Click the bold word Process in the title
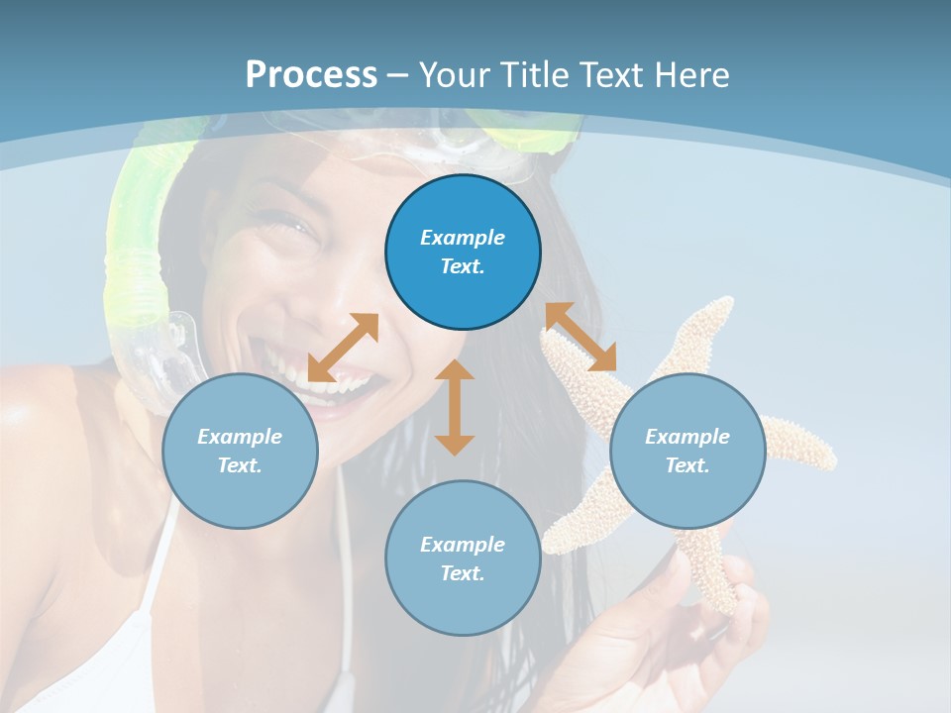[311, 74]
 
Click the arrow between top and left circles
[343, 348]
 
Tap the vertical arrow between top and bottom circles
[455, 407]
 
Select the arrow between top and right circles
[581, 337]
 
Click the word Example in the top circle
[463, 238]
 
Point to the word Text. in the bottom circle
[463, 573]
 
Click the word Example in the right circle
[687, 437]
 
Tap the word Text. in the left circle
[240, 465]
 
